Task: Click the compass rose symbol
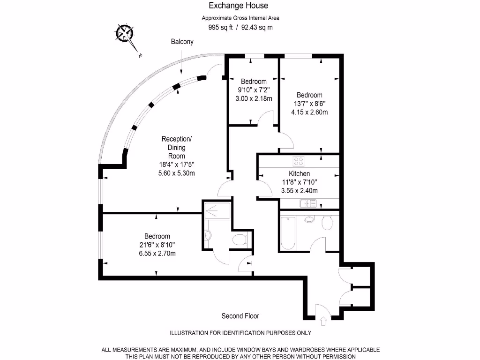[x=125, y=34]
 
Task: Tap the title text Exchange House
[x=238, y=6]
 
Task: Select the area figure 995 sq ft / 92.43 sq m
[x=240, y=28]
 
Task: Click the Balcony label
[x=182, y=42]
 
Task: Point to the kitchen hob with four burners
[x=298, y=161]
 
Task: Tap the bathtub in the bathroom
[x=287, y=233]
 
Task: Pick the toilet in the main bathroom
[x=328, y=223]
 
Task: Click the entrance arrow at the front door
[x=323, y=322]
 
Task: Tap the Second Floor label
[x=240, y=316]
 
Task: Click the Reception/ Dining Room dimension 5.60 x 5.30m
[x=176, y=173]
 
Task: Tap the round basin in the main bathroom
[x=308, y=219]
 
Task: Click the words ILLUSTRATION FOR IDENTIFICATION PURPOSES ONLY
[x=240, y=333]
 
